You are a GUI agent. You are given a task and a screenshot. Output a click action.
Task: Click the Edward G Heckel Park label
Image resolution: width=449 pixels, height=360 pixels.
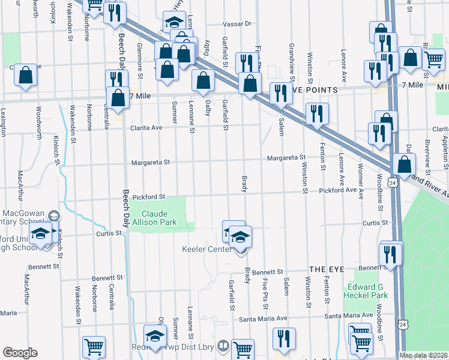point(366,291)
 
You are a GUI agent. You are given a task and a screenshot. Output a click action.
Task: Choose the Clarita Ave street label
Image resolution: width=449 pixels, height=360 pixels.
point(148,128)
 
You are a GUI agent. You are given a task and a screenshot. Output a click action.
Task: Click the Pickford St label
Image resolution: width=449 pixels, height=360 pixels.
point(148,197)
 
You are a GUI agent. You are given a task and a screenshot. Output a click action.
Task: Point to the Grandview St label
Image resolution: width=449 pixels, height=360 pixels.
point(292,61)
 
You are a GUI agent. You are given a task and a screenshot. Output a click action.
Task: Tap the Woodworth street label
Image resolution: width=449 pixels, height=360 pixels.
point(39,123)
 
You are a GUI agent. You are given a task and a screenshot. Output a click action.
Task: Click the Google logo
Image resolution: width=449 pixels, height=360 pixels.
point(20,353)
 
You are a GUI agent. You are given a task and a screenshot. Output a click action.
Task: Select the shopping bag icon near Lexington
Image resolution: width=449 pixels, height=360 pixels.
point(25,76)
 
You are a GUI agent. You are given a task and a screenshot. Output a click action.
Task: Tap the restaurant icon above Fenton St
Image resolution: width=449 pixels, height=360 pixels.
point(316,113)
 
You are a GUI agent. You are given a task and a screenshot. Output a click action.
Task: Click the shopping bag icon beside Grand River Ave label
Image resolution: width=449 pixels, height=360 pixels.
point(405,164)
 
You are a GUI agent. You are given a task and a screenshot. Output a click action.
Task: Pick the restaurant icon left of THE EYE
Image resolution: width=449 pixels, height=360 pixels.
point(282,339)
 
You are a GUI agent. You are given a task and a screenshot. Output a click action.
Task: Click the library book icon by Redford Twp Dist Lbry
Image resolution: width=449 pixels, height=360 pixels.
point(222,346)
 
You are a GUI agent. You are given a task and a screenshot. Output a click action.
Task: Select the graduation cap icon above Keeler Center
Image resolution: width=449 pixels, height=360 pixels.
point(240,238)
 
